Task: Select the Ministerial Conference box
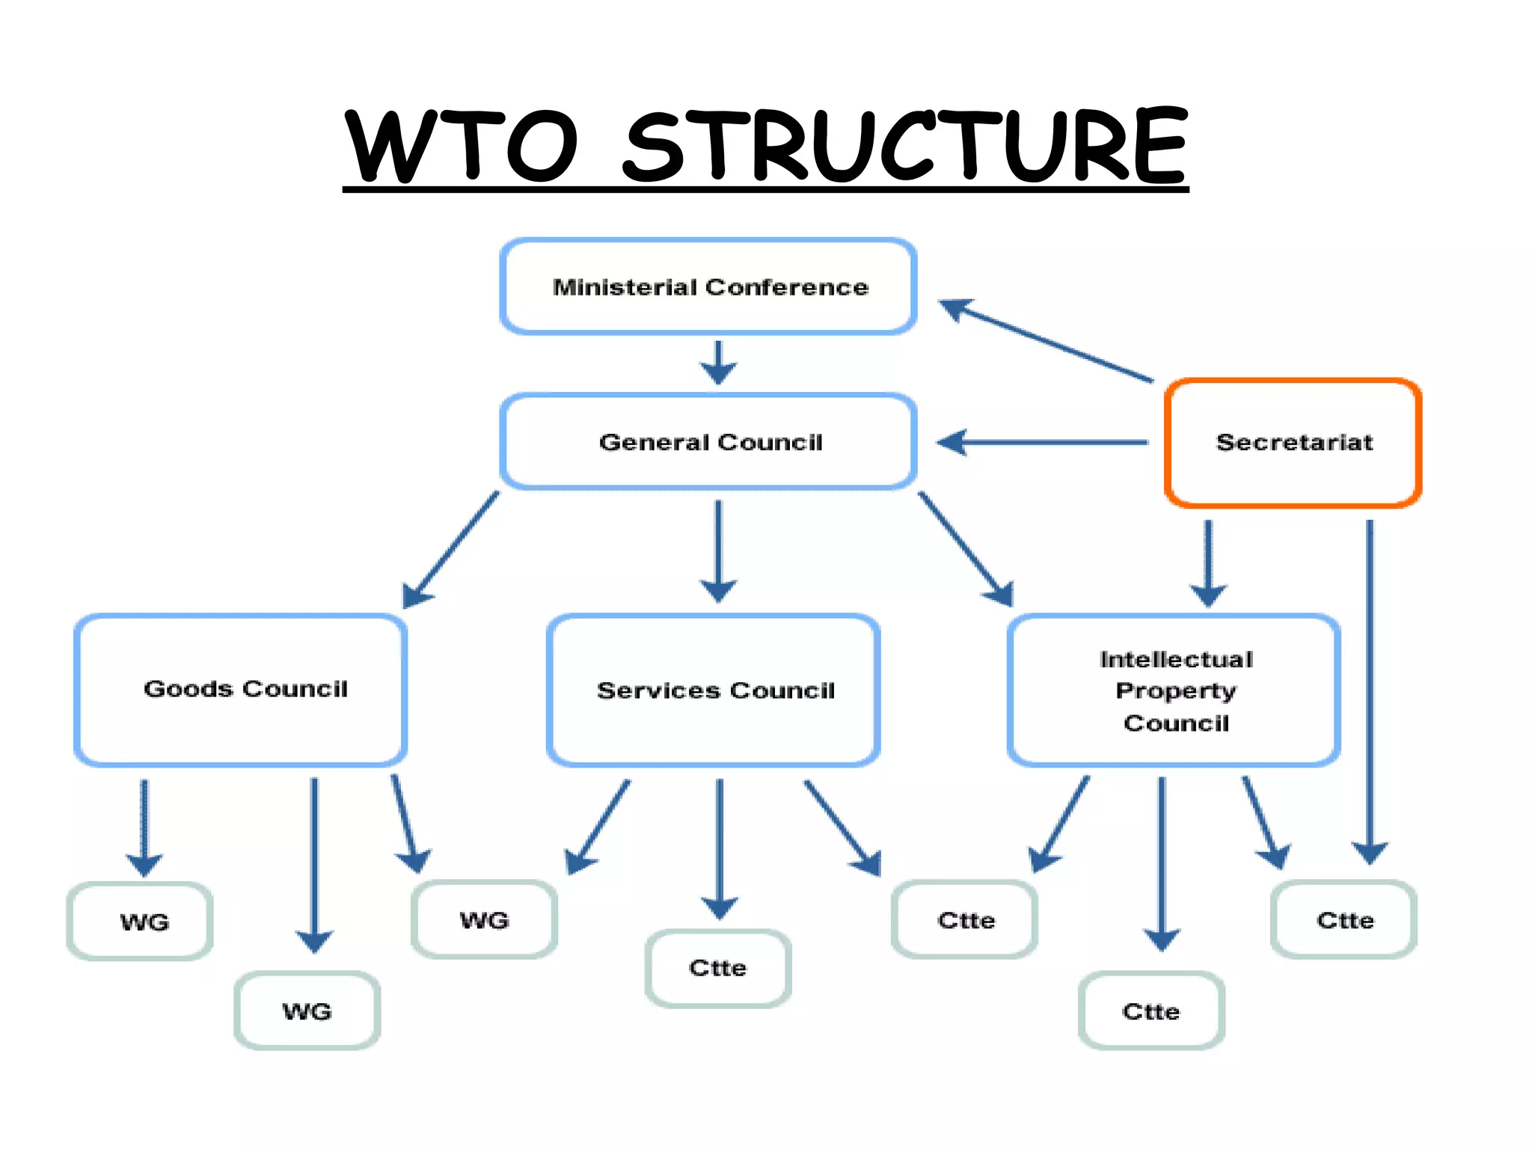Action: pos(708,287)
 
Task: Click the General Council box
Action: pos(708,441)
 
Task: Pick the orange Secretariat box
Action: pos(1293,442)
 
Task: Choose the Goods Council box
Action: pos(241,689)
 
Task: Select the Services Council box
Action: pos(714,690)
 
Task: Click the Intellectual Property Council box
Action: pos(1174,690)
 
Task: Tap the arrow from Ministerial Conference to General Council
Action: pos(718,363)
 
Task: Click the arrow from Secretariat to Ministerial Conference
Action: pos(1047,341)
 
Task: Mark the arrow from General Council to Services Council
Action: pos(718,550)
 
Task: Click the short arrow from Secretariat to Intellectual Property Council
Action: pos(1208,561)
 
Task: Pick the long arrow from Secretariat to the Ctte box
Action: pos(1370,688)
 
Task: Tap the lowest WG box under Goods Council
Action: pos(307,1011)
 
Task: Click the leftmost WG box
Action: pos(141,921)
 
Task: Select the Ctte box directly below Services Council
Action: pos(718,968)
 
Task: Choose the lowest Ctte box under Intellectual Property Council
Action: pos(1151,1011)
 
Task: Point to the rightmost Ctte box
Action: pos(1344,919)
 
